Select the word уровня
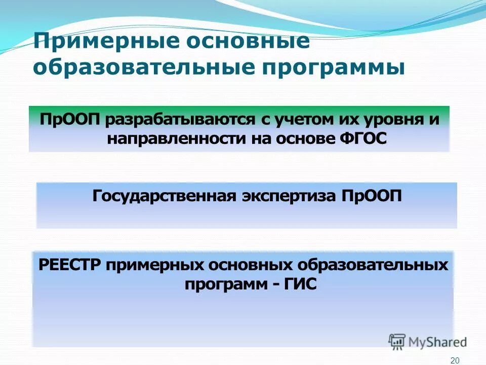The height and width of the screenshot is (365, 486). tap(392, 121)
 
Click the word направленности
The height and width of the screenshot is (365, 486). tap(177, 138)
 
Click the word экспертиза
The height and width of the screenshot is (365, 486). tap(291, 196)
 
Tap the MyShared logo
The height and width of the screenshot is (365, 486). tap(428, 341)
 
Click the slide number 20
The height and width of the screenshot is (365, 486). tap(454, 359)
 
